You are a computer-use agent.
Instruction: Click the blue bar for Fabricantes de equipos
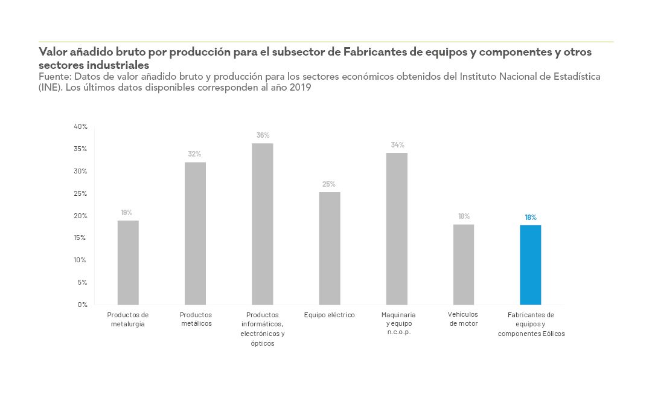coord(530,265)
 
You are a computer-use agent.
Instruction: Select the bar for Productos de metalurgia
coord(128,262)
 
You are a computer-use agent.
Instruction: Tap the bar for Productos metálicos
coord(195,233)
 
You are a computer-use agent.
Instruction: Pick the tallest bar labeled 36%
coord(263,224)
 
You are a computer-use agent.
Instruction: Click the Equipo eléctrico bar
coord(330,248)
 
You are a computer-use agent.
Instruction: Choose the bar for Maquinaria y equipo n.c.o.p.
coord(397,228)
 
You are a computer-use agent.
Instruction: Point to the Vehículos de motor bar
coord(464,264)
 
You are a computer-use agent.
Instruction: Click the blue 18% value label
coord(530,217)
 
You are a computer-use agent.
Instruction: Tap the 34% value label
coord(397,145)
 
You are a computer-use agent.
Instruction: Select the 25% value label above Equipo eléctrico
coord(329,184)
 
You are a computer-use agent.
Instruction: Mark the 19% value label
coord(127,213)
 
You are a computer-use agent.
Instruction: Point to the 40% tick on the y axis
coord(81,126)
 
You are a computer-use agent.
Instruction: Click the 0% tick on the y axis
coord(82,305)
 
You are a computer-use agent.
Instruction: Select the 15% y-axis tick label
coord(81,237)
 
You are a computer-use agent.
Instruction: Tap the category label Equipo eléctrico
coord(329,315)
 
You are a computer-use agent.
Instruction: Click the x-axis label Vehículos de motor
coord(464,318)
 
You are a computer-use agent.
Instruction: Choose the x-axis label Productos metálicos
coord(196,319)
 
